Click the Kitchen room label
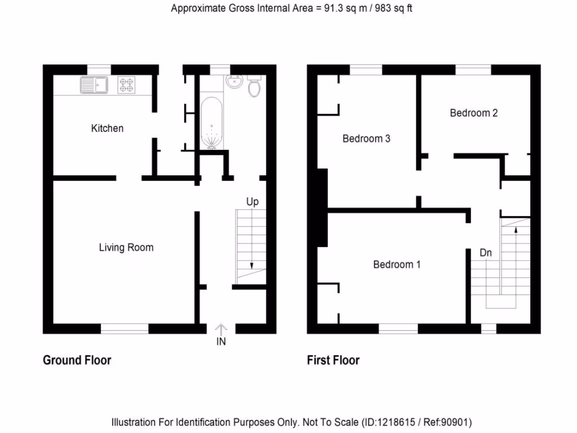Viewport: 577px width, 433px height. (x=107, y=129)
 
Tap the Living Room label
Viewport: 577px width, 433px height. (x=126, y=248)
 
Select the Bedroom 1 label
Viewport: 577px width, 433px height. (x=397, y=264)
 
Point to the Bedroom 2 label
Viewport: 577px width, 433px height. (x=473, y=113)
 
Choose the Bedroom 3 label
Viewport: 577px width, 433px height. (x=366, y=139)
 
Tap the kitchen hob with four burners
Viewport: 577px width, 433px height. (x=127, y=85)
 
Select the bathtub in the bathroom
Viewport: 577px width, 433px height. (x=211, y=123)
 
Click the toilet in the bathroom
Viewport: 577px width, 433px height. (x=254, y=86)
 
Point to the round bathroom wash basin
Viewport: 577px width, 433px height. (x=233, y=82)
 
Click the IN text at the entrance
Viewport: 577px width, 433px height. (x=221, y=342)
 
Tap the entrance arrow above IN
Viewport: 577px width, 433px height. (x=221, y=329)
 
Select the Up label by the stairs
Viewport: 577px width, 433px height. (x=252, y=201)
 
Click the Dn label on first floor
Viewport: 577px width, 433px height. (x=485, y=253)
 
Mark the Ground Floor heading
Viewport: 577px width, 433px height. (x=77, y=360)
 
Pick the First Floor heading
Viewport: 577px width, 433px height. (x=333, y=360)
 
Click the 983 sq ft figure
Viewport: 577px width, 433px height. (x=392, y=8)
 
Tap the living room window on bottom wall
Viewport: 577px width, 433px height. (x=125, y=328)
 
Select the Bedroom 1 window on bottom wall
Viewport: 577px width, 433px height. (x=398, y=328)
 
